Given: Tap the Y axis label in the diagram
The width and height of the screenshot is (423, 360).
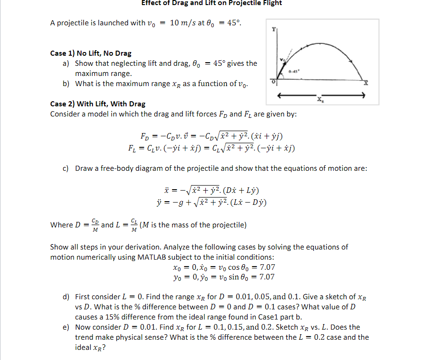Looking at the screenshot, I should [x=274, y=29].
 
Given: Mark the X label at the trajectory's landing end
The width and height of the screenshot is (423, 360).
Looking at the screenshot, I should [x=366, y=83].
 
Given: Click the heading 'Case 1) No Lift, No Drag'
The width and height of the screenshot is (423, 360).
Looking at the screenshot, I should [x=91, y=53].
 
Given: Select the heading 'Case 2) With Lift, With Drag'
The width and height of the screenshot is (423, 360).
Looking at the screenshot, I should [x=98, y=104].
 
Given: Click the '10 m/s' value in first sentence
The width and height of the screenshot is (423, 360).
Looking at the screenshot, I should [x=183, y=23].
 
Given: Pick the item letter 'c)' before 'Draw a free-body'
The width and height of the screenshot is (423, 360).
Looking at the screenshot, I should [x=66, y=168].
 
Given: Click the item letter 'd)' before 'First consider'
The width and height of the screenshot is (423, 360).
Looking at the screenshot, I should [x=66, y=297].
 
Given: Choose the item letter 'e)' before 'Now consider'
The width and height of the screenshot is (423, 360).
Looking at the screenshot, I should [x=66, y=327].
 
